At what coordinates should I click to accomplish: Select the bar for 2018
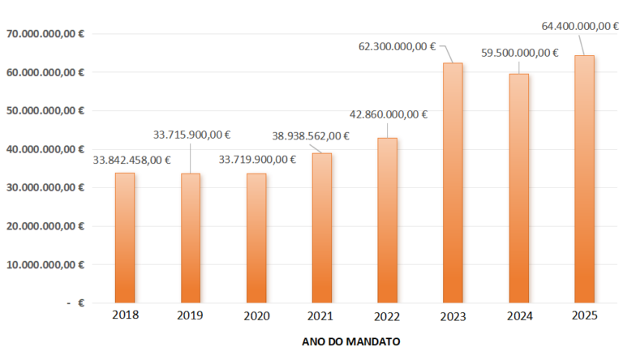(125, 238)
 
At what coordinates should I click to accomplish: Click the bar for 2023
(453, 182)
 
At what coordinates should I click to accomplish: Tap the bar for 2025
(584, 178)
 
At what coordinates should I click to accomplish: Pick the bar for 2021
(322, 228)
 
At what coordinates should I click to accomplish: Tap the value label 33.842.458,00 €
(131, 160)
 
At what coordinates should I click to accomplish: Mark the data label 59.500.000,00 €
(520, 53)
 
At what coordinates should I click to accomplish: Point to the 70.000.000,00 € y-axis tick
(45, 34)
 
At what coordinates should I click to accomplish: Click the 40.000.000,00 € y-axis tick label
(45, 149)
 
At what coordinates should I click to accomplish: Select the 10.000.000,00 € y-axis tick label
(45, 264)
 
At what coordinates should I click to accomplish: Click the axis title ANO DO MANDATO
(350, 342)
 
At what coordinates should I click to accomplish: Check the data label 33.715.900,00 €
(192, 135)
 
